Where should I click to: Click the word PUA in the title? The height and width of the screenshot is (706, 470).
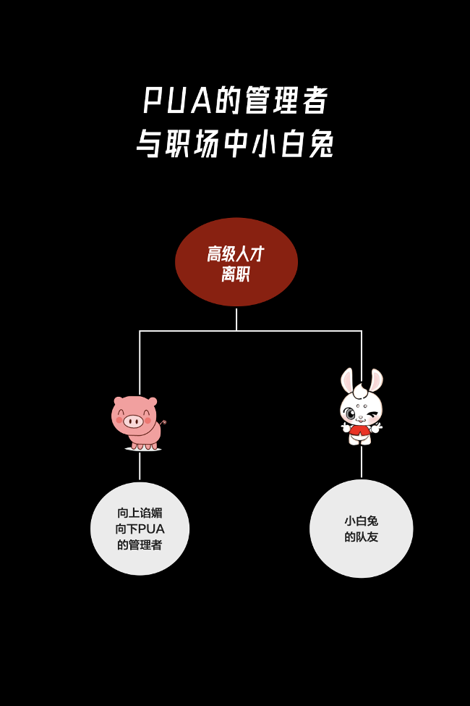(x=177, y=101)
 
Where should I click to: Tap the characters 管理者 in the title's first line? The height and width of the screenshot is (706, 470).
(x=286, y=101)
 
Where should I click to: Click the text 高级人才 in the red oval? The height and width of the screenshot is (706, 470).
(x=236, y=254)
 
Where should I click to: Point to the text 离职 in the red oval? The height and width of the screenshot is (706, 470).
(x=236, y=275)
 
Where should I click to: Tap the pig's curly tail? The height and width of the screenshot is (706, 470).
(x=163, y=422)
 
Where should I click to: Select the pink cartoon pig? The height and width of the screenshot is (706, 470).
(x=139, y=423)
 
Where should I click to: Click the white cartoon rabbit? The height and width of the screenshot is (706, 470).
(x=362, y=409)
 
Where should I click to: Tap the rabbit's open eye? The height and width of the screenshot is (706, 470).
(x=351, y=414)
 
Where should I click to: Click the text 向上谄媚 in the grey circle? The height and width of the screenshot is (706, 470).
(x=140, y=513)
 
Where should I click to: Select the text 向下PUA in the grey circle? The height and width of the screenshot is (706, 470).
(x=140, y=529)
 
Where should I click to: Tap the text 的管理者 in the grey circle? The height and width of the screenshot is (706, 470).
(x=140, y=545)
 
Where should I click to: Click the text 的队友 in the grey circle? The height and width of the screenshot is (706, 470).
(x=362, y=537)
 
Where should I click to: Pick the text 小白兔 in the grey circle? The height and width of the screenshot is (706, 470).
(x=362, y=521)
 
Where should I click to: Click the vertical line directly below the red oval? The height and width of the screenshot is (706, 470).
(x=236, y=319)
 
